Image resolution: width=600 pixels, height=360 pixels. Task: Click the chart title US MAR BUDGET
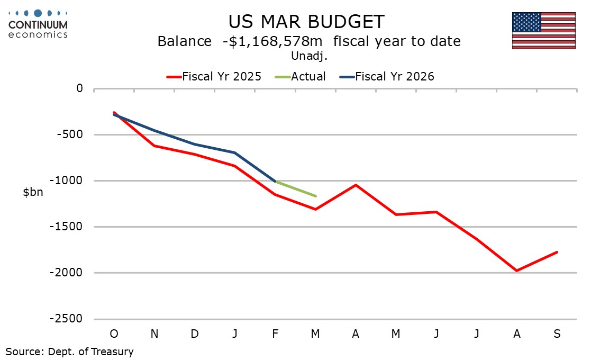[x=306, y=22]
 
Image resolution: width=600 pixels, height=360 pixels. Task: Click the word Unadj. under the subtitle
[x=306, y=55]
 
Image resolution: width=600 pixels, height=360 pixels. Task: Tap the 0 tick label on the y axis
[x=79, y=88]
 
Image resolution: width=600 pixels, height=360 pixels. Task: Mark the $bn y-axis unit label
[x=33, y=192]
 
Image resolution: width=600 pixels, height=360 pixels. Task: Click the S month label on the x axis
[x=557, y=334]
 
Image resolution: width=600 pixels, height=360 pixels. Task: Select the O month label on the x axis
[x=114, y=334]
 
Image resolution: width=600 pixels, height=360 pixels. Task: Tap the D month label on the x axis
[x=194, y=334]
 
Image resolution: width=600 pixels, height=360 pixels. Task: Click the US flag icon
[x=543, y=31]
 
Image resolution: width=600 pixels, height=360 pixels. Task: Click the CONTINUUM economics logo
[x=38, y=23]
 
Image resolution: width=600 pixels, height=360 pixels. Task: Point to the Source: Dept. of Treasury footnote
[x=69, y=352]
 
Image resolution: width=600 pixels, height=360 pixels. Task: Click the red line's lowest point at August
[x=516, y=271]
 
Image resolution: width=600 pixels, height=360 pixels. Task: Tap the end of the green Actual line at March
[x=315, y=196]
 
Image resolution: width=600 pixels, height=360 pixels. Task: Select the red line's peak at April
[x=356, y=185]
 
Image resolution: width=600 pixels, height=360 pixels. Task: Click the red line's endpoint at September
[x=557, y=252]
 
